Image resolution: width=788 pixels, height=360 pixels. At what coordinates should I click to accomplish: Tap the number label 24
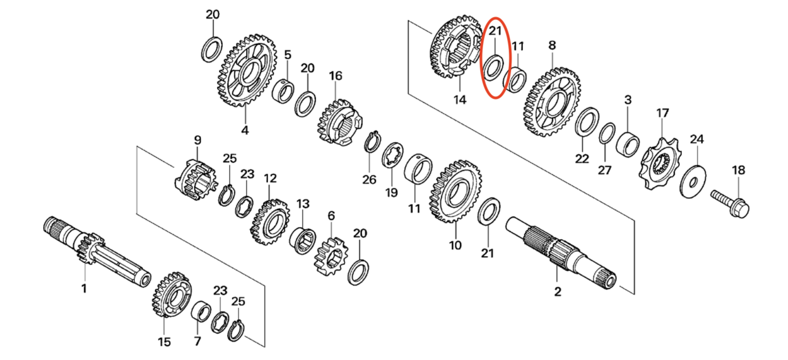(x=697, y=139)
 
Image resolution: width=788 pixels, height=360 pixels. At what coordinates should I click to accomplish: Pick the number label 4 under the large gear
(x=245, y=130)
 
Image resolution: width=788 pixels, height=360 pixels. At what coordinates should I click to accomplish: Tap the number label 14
(x=460, y=99)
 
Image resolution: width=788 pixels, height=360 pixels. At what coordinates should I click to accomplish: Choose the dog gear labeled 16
(x=339, y=122)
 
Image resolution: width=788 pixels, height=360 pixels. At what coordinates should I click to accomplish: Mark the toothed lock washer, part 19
(x=393, y=158)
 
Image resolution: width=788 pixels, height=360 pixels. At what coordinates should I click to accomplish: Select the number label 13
(x=303, y=204)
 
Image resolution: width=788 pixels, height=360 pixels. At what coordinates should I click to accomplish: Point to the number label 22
(x=581, y=158)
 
